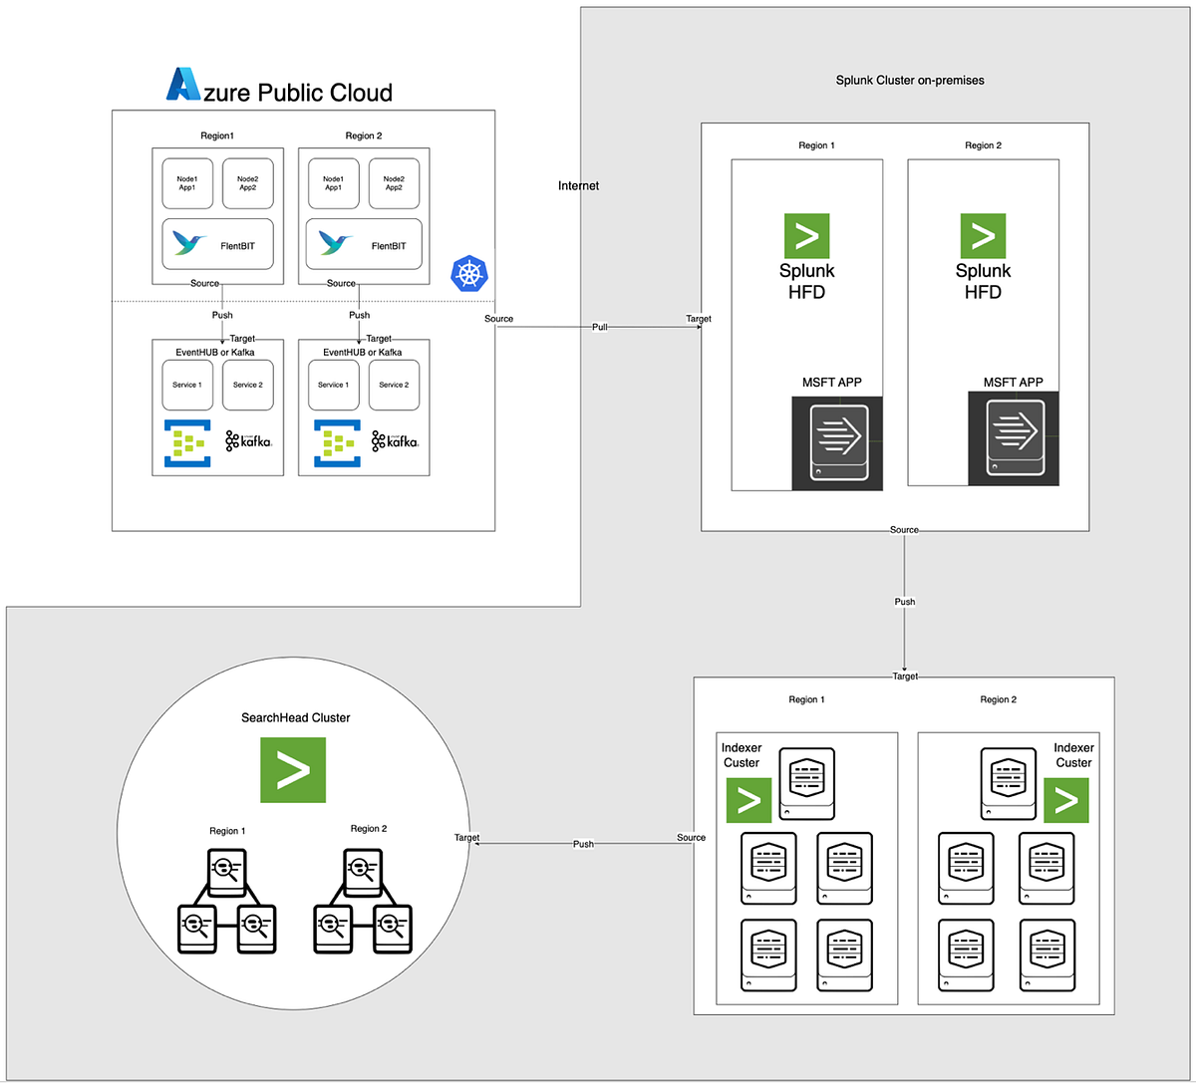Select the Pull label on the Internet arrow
click(x=600, y=327)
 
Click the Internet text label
click(x=579, y=185)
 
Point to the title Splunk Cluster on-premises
click(x=910, y=80)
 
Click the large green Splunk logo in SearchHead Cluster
click(x=292, y=770)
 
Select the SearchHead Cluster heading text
click(x=296, y=717)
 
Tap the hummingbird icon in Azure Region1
click(x=190, y=243)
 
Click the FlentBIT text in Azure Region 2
click(x=396, y=246)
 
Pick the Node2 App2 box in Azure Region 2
click(x=394, y=182)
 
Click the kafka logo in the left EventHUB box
click(x=248, y=440)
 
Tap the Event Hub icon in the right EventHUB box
click(x=336, y=443)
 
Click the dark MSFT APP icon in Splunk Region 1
click(x=837, y=443)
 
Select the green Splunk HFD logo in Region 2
click(x=983, y=236)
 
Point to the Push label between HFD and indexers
click(x=904, y=602)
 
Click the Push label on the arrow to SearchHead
click(x=583, y=844)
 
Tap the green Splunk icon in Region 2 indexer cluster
click(x=1065, y=800)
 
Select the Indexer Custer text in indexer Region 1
click(x=742, y=755)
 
